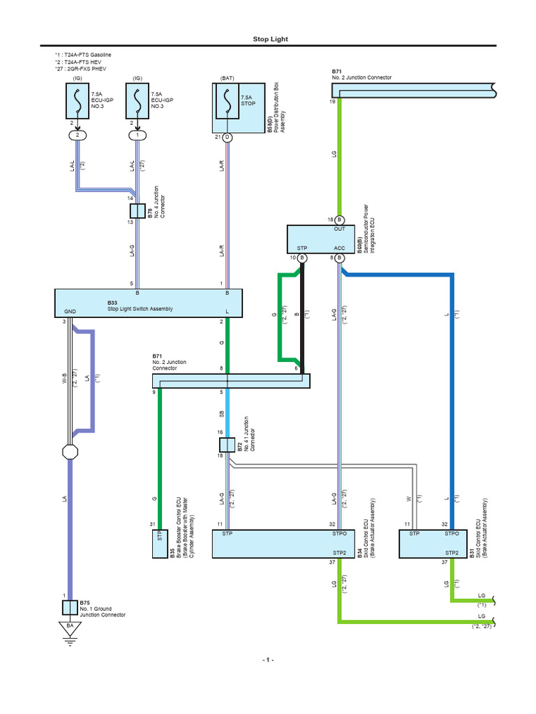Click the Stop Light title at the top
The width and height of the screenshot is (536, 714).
(270, 39)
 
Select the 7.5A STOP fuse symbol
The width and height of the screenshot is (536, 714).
(227, 101)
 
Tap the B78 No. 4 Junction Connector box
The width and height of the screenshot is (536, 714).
(137, 211)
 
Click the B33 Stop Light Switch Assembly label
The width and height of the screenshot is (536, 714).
(140, 305)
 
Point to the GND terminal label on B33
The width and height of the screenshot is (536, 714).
(70, 312)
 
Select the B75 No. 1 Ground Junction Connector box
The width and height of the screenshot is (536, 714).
(70, 607)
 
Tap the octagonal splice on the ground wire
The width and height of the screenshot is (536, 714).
(70, 452)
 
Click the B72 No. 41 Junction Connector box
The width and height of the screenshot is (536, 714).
(227, 445)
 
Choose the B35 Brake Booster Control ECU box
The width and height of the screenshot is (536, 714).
(160, 544)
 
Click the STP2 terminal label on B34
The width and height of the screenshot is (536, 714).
(339, 553)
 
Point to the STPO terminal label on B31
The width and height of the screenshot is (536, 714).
(452, 533)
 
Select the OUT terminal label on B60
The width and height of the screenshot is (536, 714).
(340, 229)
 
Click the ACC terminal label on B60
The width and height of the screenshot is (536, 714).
(340, 248)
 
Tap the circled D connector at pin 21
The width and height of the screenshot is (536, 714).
(227, 137)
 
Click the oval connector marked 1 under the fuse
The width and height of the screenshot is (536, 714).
(137, 135)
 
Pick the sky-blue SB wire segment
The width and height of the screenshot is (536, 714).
(227, 413)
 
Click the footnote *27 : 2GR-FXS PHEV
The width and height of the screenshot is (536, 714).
(81, 69)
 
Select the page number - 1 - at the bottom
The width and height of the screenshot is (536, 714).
(268, 660)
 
